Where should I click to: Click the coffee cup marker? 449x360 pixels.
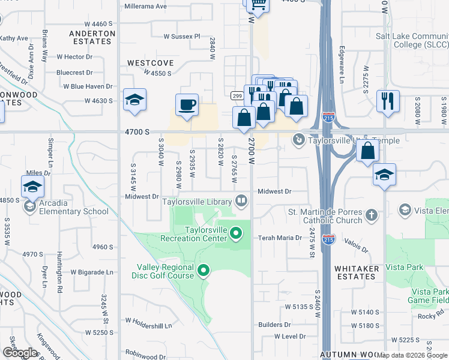[187, 104]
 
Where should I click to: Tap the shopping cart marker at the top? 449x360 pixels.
[258, 4]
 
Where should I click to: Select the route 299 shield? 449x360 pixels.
[237, 96]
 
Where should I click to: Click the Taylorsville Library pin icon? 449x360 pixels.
[241, 200]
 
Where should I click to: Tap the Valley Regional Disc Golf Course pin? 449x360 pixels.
[203, 271]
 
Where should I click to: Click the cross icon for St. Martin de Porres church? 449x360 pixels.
[372, 215]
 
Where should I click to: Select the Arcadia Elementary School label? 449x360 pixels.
[74, 211]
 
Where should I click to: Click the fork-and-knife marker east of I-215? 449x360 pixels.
[388, 100]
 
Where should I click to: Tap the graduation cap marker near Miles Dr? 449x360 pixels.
[32, 185]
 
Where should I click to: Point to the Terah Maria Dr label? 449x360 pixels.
[280, 238]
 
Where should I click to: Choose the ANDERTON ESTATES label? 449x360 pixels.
[92, 38]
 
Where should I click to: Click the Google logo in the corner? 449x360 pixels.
[20, 352]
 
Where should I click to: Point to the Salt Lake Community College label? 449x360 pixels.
[412, 40]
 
